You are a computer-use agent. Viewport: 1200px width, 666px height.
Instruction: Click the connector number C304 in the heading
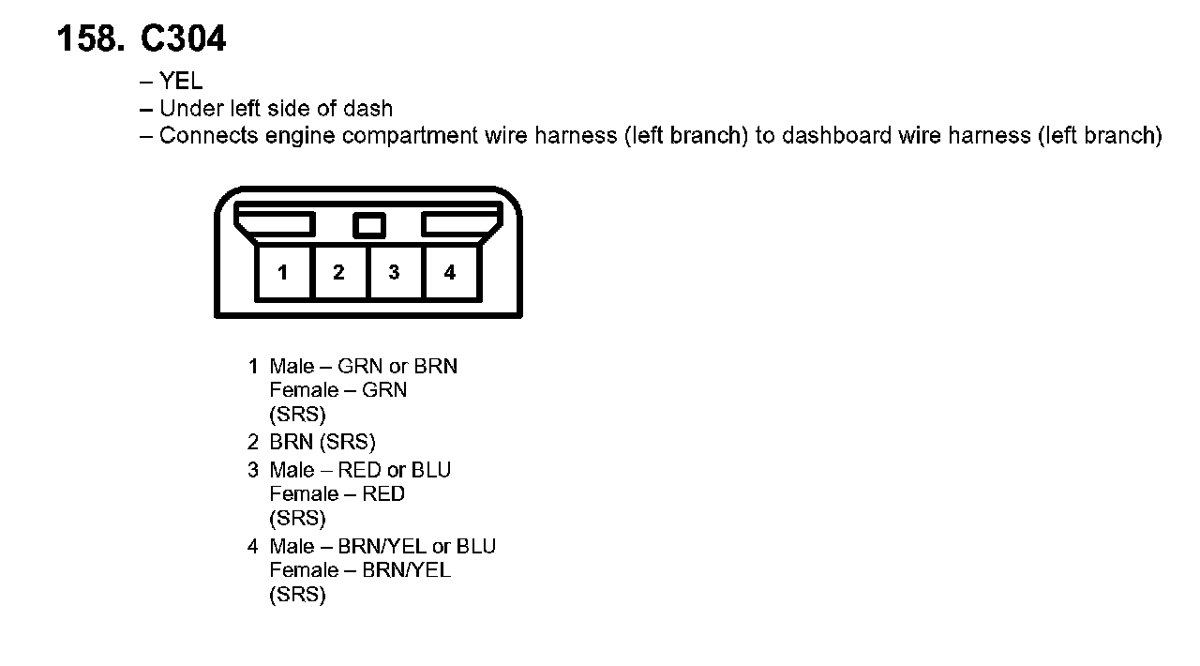coord(183,39)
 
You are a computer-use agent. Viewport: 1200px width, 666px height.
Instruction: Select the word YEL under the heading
coord(181,82)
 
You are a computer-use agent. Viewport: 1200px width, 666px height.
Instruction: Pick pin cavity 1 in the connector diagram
coord(283,273)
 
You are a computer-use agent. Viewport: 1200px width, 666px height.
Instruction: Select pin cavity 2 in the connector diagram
coord(338,273)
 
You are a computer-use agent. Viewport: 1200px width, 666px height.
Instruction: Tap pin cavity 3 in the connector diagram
coord(394,273)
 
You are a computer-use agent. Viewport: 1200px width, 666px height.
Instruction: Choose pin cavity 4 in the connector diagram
coord(450,273)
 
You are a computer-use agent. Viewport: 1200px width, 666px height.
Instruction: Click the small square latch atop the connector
coord(369,225)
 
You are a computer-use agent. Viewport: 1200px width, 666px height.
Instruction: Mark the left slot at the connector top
coord(276,223)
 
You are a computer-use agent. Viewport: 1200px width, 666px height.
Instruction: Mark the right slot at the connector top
coord(461,223)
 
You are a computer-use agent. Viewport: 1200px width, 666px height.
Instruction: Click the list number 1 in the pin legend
coord(253,367)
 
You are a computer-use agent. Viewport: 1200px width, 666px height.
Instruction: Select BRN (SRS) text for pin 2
coord(322,443)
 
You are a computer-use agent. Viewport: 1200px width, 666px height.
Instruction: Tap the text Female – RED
coord(337,494)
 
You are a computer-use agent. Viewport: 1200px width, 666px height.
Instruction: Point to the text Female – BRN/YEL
coord(360,570)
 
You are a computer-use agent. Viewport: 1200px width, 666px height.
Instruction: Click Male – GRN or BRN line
coord(363,367)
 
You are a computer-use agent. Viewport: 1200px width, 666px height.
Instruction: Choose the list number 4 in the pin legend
coord(253,547)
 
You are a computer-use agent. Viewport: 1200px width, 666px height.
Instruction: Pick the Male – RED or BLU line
coord(360,470)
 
